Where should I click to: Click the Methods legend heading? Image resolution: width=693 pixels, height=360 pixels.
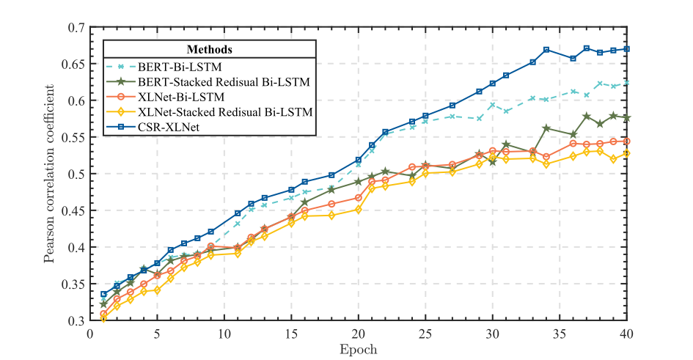point(210,50)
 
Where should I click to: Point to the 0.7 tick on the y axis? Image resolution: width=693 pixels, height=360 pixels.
point(76,27)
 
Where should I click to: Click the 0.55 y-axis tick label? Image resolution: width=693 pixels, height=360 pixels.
point(73,137)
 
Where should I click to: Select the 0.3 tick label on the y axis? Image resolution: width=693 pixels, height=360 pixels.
point(76,320)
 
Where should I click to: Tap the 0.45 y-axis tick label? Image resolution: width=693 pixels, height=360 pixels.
point(73,210)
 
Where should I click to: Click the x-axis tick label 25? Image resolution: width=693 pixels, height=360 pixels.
point(425,334)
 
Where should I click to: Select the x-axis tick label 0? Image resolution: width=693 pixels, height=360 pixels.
point(90,334)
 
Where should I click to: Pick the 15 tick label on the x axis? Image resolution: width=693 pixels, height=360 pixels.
point(291,334)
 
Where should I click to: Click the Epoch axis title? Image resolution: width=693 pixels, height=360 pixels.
point(358,349)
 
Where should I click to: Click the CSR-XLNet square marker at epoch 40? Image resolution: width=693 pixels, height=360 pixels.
point(626,49)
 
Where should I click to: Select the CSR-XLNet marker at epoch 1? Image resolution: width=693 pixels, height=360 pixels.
point(103,294)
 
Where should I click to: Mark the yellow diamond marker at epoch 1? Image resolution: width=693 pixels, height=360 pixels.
point(103,319)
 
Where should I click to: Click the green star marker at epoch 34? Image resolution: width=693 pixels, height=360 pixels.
point(546,128)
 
